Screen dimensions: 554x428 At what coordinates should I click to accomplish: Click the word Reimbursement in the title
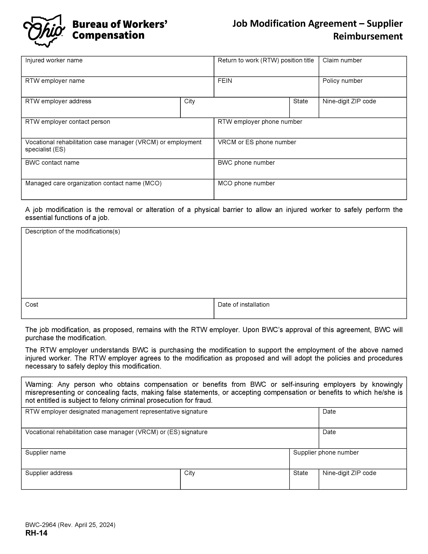367,36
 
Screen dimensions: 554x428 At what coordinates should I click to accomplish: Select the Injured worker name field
117,68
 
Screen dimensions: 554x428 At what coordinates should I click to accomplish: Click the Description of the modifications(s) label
73,231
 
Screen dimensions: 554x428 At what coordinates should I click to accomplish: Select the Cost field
117,311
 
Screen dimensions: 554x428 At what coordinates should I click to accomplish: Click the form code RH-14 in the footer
36,533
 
